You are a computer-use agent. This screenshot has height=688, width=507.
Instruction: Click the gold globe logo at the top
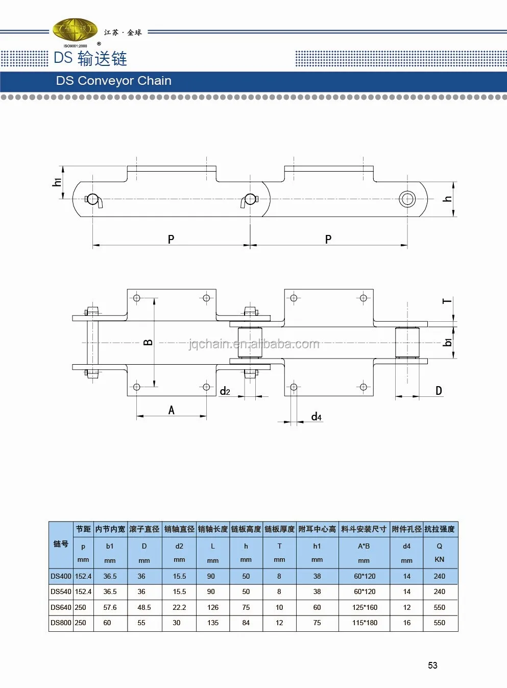[75, 31]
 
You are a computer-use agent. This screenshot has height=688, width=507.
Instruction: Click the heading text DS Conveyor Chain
[114, 81]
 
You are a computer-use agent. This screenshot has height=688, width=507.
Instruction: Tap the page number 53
[432, 665]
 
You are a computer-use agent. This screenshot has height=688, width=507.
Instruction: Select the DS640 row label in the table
[61, 607]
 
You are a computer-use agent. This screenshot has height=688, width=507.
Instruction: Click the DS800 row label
[61, 623]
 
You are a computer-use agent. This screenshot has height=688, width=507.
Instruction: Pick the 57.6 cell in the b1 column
[110, 607]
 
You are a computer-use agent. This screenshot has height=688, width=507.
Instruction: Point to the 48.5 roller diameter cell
[144, 607]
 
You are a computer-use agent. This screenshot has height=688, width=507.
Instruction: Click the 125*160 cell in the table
[365, 607]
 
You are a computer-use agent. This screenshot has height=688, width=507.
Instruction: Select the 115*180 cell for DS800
[365, 623]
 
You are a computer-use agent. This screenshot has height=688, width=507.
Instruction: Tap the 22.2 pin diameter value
[179, 607]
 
